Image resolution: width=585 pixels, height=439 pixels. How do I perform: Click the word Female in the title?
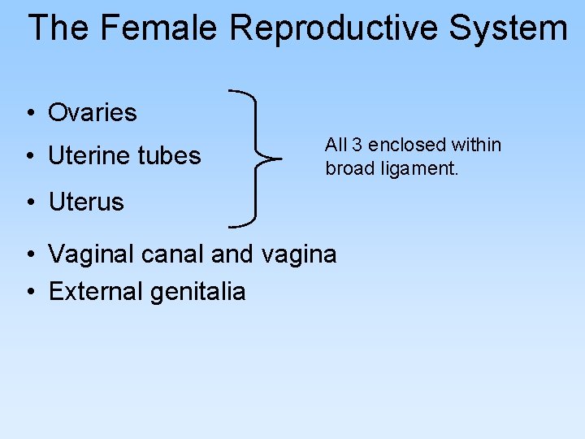tap(158, 28)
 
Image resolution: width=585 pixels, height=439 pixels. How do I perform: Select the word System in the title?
tap(508, 28)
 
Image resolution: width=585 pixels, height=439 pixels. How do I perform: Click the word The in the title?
tap(59, 28)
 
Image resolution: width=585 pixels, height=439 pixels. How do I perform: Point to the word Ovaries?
tap(93, 112)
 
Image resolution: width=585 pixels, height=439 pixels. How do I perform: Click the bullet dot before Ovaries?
tap(29, 113)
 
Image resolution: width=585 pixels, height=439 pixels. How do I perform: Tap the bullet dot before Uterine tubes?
tap(29, 156)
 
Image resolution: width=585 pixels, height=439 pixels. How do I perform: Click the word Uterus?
tap(86, 202)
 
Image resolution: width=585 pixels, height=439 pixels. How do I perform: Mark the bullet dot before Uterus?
tap(29, 202)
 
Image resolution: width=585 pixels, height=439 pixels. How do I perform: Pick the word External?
tap(94, 291)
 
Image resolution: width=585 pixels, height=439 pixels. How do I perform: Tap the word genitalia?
tap(197, 291)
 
